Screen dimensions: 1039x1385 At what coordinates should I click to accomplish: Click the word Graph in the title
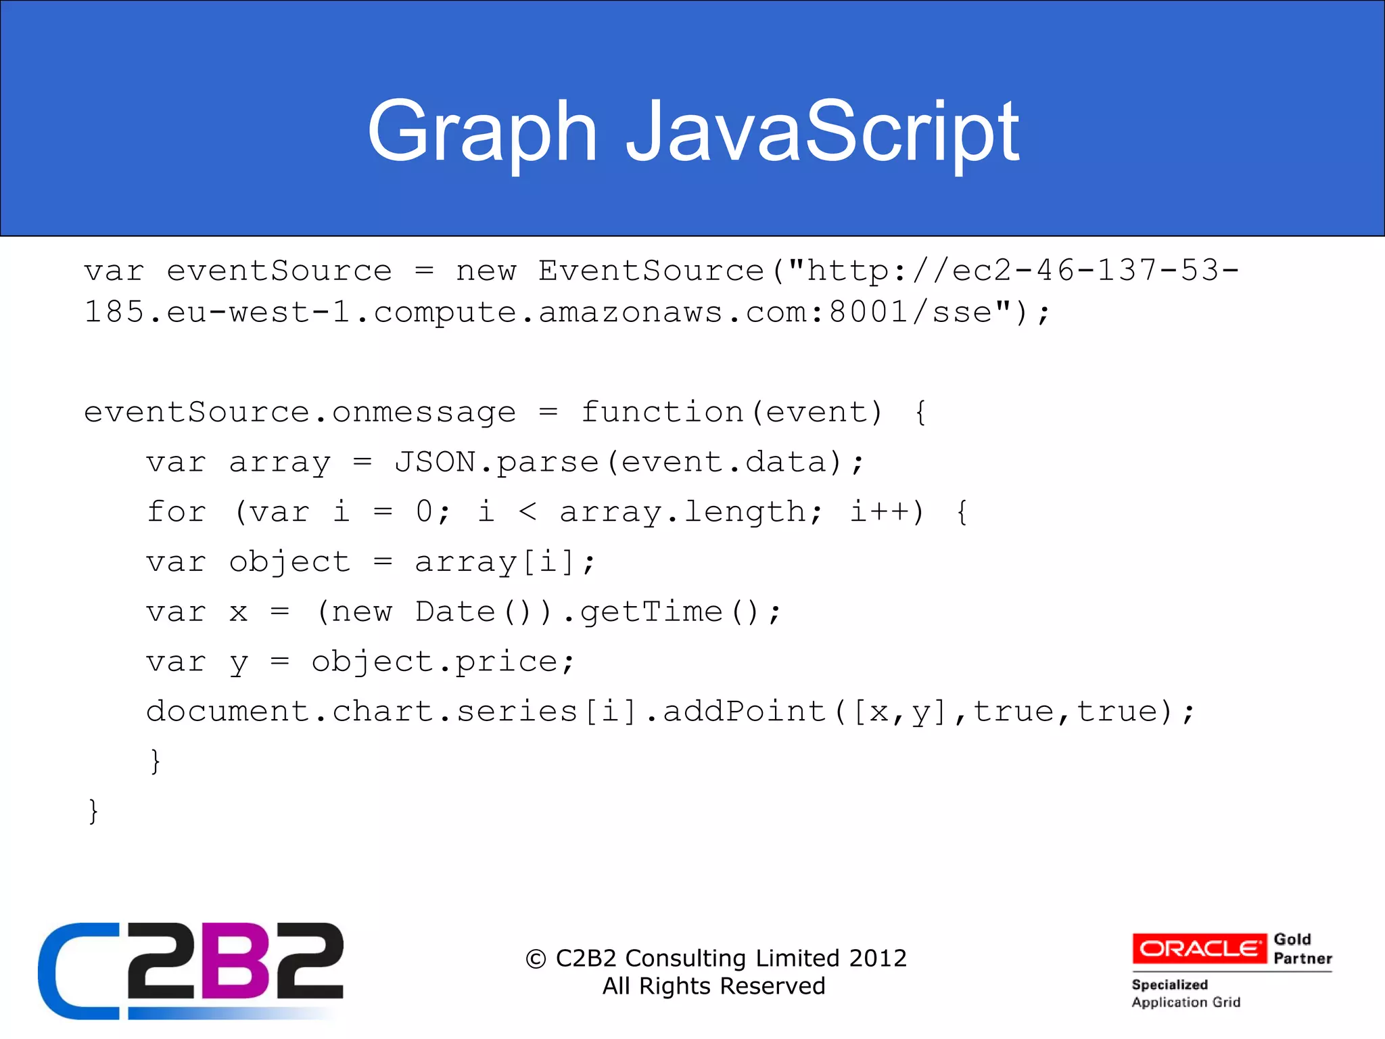482,132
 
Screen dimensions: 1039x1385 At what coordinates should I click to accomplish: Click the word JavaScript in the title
822,132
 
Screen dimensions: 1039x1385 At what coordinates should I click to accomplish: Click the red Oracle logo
1199,948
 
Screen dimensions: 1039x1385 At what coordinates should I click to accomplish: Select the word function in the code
662,412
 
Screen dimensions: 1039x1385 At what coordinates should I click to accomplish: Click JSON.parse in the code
496,462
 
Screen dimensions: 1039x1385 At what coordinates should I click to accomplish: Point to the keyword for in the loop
176,511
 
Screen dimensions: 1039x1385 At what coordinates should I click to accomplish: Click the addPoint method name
744,711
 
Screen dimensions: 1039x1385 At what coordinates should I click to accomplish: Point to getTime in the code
651,611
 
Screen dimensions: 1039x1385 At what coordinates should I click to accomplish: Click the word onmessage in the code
423,412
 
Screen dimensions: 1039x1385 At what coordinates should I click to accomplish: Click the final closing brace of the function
93,810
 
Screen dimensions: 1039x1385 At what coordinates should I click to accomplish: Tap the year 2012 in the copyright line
877,958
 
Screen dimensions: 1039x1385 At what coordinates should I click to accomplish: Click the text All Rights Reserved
713,986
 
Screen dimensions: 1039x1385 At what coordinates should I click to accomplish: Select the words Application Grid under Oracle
1186,1002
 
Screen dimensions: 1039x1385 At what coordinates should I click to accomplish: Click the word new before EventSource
486,271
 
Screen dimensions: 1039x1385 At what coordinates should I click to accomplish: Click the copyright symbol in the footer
536,959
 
